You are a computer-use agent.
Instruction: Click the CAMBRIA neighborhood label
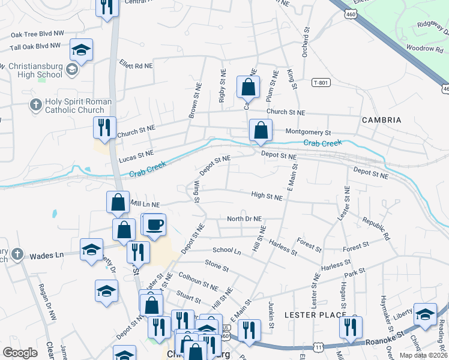(x=381, y=120)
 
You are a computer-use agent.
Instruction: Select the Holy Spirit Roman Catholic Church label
(x=73, y=106)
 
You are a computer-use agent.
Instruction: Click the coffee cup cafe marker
(x=155, y=225)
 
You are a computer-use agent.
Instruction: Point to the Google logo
(x=20, y=352)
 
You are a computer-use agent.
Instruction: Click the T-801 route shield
(x=321, y=82)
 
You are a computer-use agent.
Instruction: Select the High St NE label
(x=267, y=196)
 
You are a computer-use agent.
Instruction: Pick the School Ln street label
(x=226, y=251)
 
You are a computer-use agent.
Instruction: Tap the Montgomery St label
(x=308, y=131)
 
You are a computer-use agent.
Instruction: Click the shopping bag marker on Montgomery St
(x=261, y=130)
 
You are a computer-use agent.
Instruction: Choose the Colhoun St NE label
(x=199, y=282)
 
